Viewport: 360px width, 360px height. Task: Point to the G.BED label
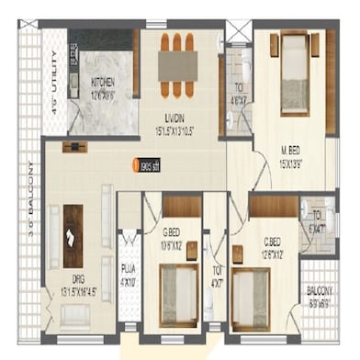pyautogui.click(x=173, y=239)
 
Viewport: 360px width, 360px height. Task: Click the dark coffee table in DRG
pyautogui.click(x=73, y=235)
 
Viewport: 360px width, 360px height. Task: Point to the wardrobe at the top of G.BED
pyautogui.click(x=182, y=206)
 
